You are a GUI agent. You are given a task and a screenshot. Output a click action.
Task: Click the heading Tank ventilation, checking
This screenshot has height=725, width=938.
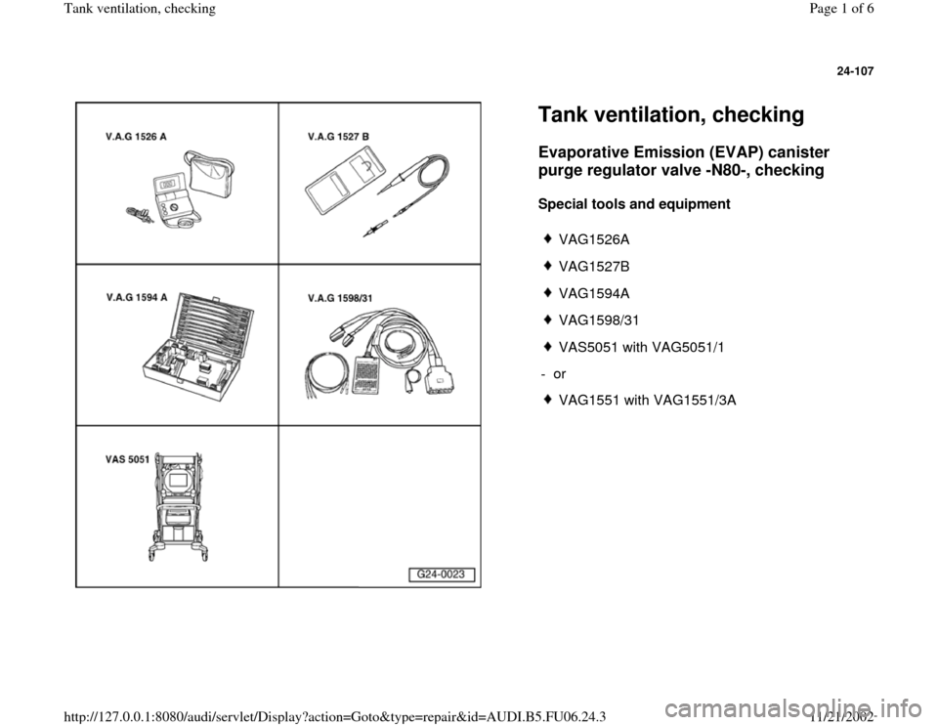coord(670,115)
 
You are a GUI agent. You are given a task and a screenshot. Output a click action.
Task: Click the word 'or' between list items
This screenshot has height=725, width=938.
coord(559,373)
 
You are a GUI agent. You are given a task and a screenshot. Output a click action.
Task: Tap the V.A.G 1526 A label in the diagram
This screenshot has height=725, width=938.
coord(136,137)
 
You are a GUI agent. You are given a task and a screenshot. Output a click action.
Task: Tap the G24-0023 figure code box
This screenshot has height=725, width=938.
coord(442,575)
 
